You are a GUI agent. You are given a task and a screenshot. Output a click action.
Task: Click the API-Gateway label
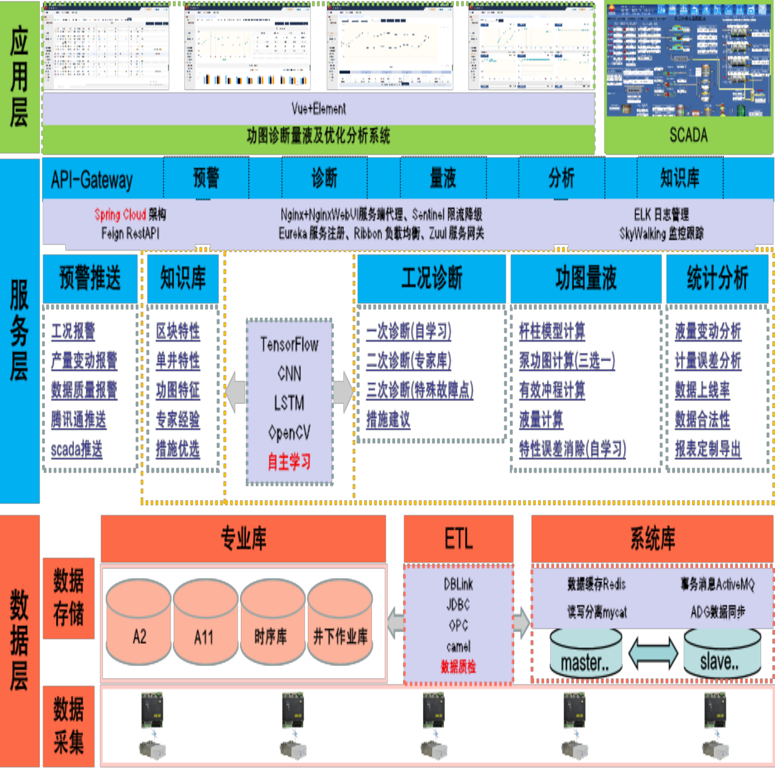coord(92,180)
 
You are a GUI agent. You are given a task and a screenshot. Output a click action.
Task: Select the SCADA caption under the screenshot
coord(688,135)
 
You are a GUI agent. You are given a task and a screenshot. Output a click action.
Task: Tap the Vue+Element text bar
coord(318,108)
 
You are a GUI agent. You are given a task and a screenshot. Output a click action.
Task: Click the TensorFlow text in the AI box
coord(289,345)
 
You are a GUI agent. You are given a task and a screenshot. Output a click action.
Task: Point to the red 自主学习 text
coord(289,461)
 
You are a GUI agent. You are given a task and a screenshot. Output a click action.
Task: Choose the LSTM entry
coord(289,403)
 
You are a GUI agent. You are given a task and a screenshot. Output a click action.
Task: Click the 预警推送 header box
coord(90,278)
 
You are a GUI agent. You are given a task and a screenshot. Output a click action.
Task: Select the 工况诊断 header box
coord(431,278)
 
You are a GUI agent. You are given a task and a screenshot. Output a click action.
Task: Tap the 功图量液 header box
coord(586,278)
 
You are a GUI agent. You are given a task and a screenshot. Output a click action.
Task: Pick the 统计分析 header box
coord(717,278)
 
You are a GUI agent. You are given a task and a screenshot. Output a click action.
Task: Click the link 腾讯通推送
coord(79,419)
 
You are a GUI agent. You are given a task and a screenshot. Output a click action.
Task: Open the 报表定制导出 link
coord(707,449)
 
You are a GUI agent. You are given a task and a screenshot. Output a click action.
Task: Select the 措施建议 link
coord(388,419)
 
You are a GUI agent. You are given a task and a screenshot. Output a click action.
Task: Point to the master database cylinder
coord(585,656)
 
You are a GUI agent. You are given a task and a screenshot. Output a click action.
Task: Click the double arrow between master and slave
coord(653,653)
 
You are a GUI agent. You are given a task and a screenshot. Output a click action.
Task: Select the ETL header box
coord(458,538)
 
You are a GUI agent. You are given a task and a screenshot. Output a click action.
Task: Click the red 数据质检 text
coord(458,667)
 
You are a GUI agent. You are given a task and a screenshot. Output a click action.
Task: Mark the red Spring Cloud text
coord(120,215)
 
